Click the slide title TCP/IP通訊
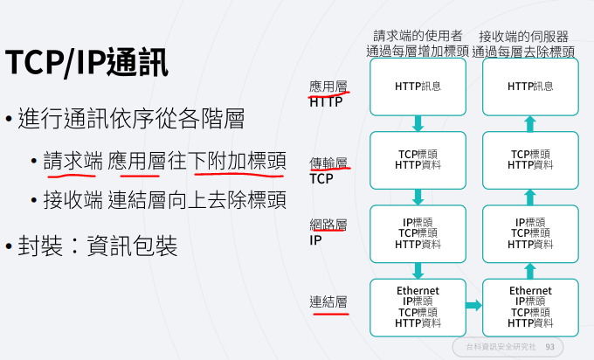(87, 62)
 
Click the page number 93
(549, 347)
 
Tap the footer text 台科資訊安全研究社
(501, 347)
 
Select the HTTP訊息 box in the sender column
(418, 87)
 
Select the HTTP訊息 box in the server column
(530, 87)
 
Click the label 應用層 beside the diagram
(328, 87)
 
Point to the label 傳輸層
(328, 163)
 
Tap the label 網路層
(328, 224)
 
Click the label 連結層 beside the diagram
(328, 301)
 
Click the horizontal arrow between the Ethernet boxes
(473, 306)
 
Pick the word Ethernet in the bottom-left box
(418, 290)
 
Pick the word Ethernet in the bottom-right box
(530, 290)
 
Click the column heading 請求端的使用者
(418, 36)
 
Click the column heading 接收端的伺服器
(524, 36)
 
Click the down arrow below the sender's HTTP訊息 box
(418, 123)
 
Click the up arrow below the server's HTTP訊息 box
(530, 123)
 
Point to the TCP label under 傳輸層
(321, 178)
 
